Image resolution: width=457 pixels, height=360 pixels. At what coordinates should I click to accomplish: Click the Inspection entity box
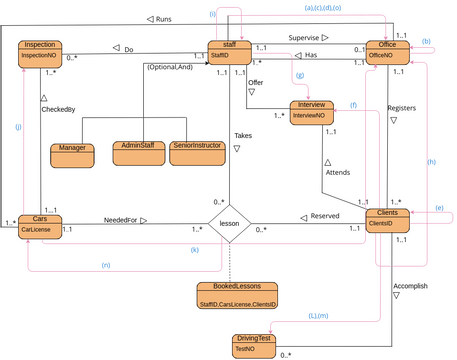pos(41,53)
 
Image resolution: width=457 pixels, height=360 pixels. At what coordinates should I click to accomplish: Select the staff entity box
pos(229,53)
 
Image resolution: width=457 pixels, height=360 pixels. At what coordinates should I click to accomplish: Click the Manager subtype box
pos(72,154)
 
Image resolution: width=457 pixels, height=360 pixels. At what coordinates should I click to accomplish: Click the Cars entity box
pos(40,224)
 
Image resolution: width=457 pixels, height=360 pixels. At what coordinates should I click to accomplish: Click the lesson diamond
pos(229,224)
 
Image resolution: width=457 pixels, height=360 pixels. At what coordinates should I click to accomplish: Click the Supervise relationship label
pos(310,38)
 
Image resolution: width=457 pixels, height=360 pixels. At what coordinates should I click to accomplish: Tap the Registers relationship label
pos(401,108)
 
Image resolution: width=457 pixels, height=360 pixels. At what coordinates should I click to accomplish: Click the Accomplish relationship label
pos(410,285)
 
